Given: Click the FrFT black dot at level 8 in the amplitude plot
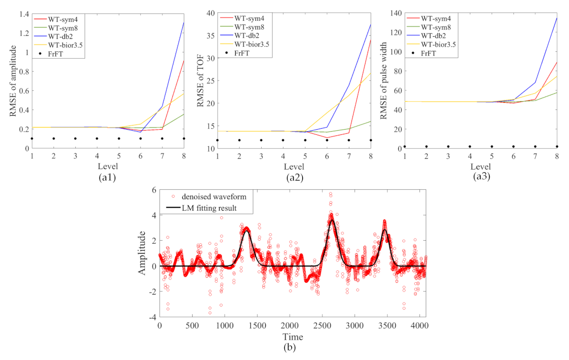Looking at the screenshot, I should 184,139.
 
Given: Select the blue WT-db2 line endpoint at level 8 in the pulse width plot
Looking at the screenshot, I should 557,18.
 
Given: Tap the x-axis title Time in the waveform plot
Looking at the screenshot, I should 293,336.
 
